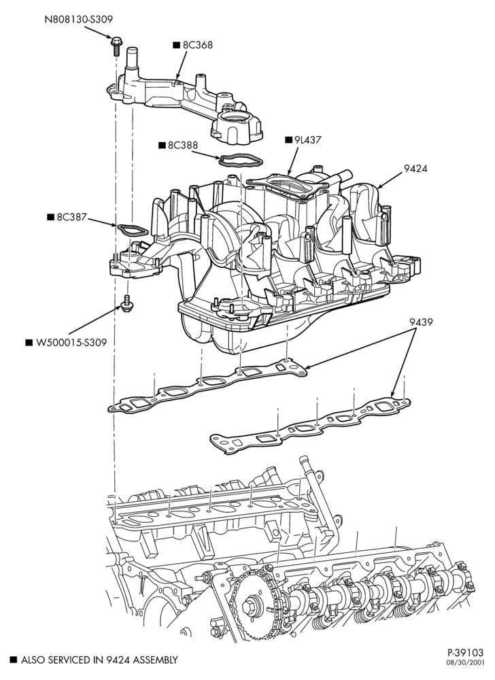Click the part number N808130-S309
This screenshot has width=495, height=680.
79,20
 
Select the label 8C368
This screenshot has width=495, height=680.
198,45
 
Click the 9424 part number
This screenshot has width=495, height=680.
415,169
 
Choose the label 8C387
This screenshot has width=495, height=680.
72,217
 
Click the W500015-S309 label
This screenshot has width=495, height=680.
71,343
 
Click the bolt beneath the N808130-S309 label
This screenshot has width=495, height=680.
116,46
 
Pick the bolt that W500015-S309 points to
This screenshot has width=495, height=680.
127,303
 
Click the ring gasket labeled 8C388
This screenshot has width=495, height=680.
241,161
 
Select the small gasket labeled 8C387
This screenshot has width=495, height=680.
132,231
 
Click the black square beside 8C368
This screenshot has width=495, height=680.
176,45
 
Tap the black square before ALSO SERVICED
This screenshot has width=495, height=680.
14,660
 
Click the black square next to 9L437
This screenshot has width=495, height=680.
288,140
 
